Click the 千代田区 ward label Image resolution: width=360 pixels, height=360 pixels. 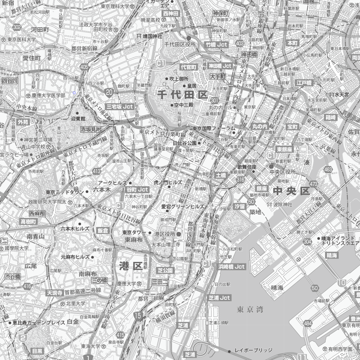tap(182, 94)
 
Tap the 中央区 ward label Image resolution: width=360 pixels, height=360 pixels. tap(291, 191)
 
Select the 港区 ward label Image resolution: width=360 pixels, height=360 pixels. tap(131, 266)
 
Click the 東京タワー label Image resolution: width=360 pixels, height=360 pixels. tap(134, 233)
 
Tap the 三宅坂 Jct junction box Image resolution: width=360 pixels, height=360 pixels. tap(120, 107)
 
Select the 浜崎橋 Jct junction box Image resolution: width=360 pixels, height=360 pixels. tap(232, 267)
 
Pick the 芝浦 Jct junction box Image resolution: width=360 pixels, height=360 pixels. tap(219, 297)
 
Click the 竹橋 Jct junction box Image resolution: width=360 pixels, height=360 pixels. tap(216, 45)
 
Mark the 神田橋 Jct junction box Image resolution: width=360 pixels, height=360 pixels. tap(220, 66)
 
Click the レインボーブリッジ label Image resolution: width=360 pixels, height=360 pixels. tap(253, 350)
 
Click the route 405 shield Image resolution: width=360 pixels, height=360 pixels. tap(84, 67)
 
